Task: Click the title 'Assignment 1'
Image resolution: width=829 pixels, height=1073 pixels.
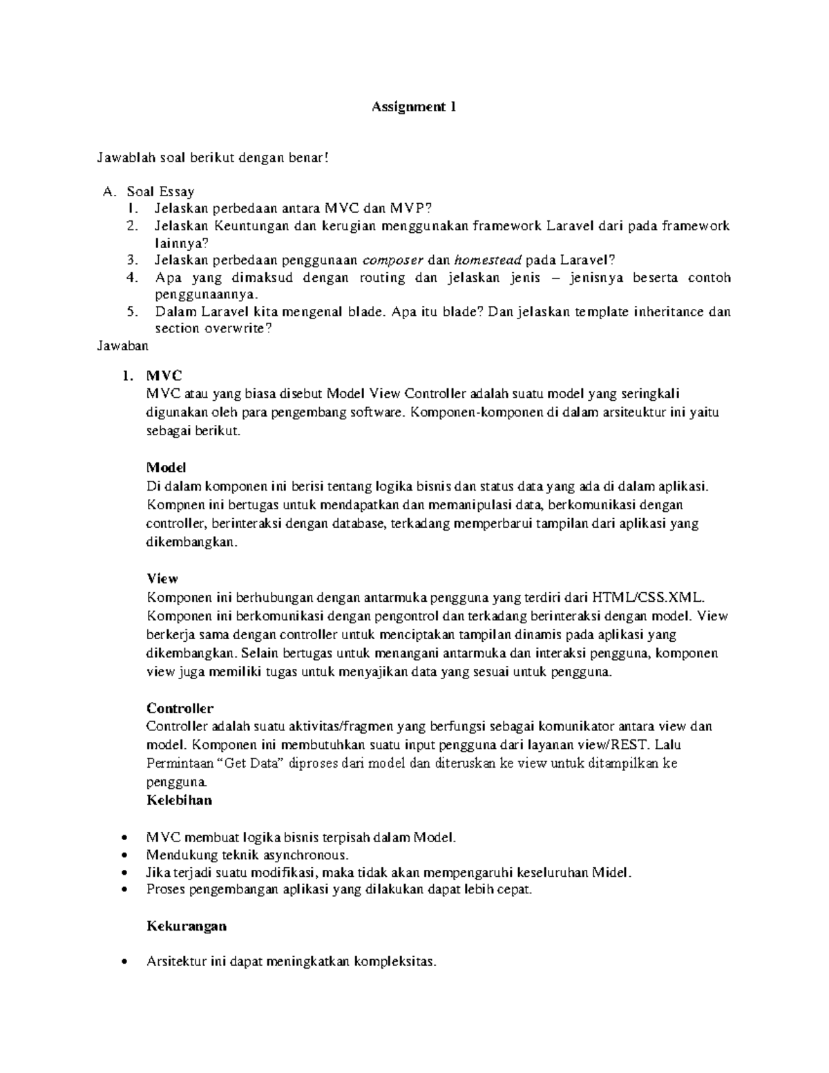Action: (414, 107)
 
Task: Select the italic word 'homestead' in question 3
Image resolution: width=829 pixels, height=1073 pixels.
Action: (487, 260)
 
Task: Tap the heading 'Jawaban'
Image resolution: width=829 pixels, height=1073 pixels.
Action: (122, 345)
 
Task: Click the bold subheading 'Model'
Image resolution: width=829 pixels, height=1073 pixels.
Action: (166, 468)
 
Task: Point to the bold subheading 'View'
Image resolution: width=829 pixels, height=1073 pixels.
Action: (162, 578)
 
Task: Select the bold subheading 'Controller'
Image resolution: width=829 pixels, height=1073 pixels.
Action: (180, 708)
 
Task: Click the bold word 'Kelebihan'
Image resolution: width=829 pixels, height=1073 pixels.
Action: (179, 800)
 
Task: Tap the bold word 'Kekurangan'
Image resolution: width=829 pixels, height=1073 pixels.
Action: (187, 925)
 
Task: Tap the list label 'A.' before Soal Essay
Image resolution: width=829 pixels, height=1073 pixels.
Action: (107, 191)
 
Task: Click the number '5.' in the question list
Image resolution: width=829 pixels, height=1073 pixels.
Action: (133, 312)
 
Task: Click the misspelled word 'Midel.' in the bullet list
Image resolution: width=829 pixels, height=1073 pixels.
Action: (611, 873)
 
